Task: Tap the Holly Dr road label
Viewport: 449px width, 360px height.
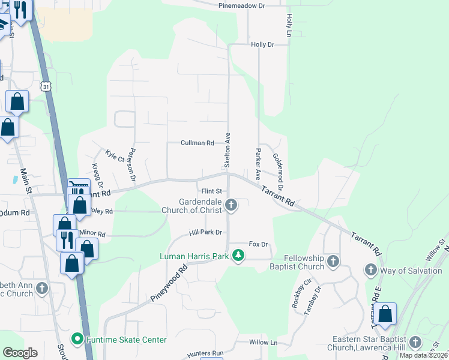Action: pyautogui.click(x=262, y=44)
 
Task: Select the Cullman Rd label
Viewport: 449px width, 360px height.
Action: pyautogui.click(x=197, y=143)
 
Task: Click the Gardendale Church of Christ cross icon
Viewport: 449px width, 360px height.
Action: pyautogui.click(x=231, y=206)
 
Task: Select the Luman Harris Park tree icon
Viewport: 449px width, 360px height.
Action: pyautogui.click(x=239, y=256)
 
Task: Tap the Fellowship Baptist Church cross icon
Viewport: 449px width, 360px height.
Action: pyautogui.click(x=334, y=262)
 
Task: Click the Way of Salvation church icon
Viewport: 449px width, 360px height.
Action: pyautogui.click(x=370, y=271)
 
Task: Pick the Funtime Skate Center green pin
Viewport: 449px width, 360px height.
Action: pyautogui.click(x=77, y=340)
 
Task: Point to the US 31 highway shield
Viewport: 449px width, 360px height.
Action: pyautogui.click(x=46, y=87)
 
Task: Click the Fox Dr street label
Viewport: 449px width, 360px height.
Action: pyautogui.click(x=258, y=244)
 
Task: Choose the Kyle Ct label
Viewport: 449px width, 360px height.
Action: pyautogui.click(x=114, y=156)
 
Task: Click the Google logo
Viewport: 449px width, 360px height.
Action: pyautogui.click(x=20, y=353)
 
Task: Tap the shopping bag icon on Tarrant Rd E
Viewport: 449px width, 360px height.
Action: pyautogui.click(x=385, y=314)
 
